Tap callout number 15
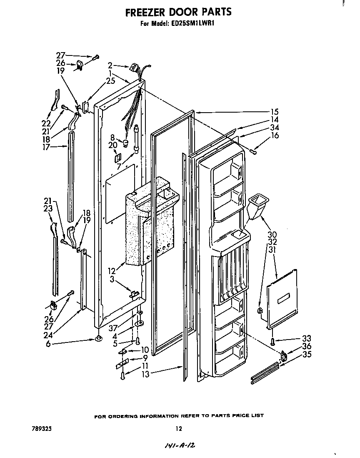(x=274, y=112)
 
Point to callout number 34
(x=274, y=128)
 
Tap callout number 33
(x=307, y=339)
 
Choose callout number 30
(x=272, y=234)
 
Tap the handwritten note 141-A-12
(x=180, y=446)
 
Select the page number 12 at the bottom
(x=179, y=428)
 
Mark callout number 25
(x=110, y=81)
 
